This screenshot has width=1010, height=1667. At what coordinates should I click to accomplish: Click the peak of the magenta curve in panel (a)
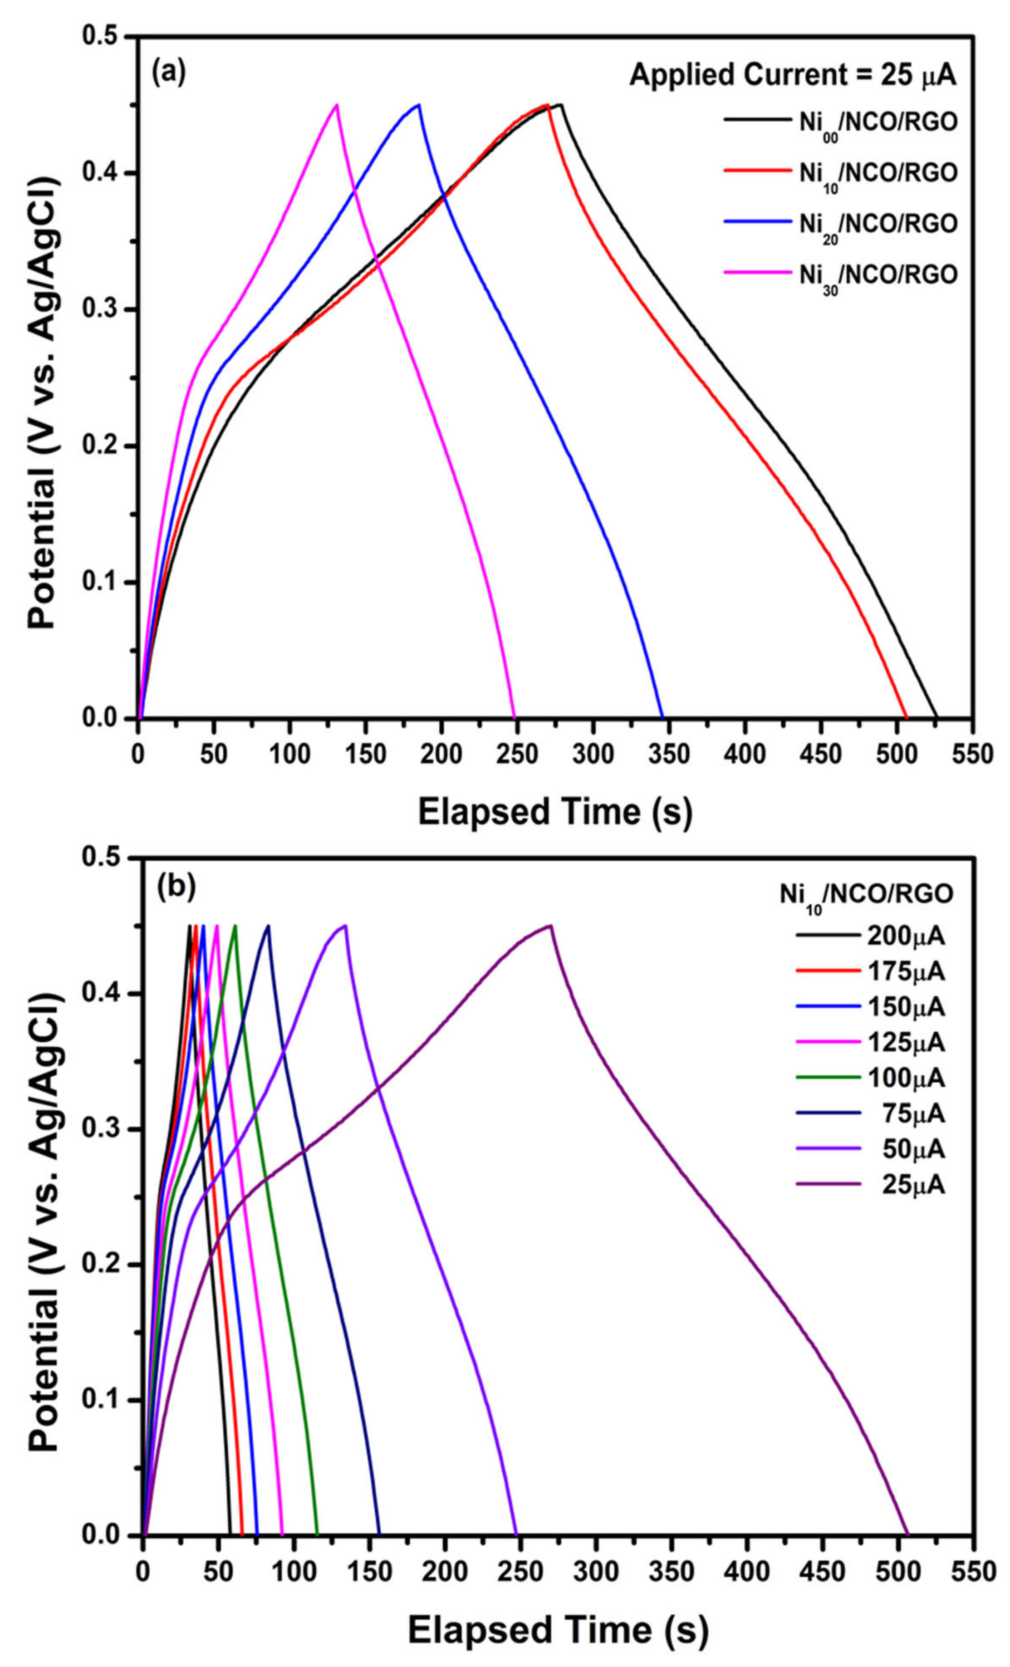[336, 105]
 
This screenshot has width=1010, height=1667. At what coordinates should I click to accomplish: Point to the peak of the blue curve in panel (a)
[419, 105]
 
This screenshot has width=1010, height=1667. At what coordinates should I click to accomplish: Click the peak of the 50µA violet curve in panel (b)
[345, 926]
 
